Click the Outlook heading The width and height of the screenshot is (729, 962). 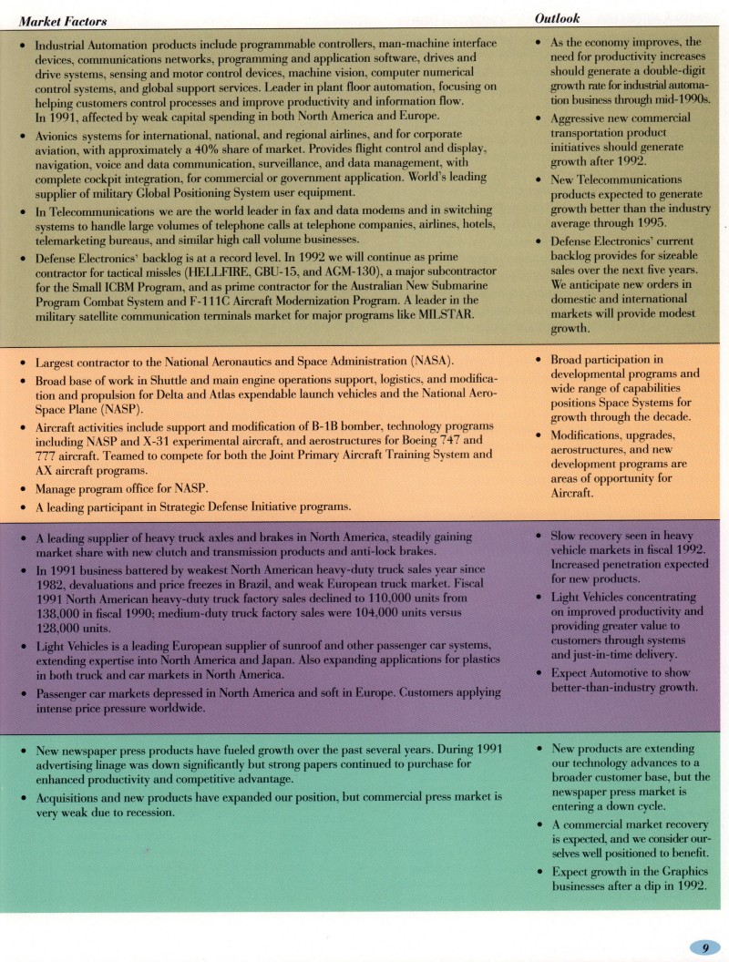coord(558,18)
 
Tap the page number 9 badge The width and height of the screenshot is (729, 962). coord(705,947)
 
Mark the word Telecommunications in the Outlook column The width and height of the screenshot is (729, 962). coord(614,179)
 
